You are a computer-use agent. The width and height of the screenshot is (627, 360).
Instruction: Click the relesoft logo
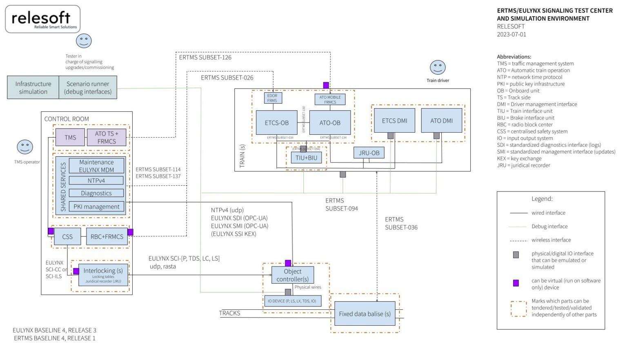[x=42, y=19]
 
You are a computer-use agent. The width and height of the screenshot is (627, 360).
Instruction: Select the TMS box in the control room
[x=70, y=138]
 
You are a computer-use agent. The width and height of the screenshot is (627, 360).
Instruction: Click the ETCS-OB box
[x=276, y=122]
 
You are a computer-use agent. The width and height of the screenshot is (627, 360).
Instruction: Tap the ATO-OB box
[x=330, y=122]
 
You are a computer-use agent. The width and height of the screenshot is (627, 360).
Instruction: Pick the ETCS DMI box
[x=394, y=120]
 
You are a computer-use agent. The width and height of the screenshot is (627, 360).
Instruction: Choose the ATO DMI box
[x=441, y=120]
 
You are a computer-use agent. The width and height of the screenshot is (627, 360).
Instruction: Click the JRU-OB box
[x=369, y=153]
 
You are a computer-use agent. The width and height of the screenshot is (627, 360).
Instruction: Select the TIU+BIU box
[x=306, y=158]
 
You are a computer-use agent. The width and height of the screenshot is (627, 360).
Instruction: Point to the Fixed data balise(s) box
[x=365, y=313]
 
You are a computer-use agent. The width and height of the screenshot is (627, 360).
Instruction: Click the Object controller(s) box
[x=293, y=275]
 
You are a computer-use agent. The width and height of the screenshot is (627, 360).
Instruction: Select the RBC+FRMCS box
[x=107, y=236]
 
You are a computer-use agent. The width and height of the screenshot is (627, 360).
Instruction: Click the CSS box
[x=67, y=236]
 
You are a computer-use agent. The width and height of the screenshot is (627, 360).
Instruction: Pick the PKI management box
[x=96, y=207]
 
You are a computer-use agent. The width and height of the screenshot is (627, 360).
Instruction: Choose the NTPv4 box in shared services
[x=96, y=180]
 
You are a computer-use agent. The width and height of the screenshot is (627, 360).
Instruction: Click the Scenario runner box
[x=88, y=87]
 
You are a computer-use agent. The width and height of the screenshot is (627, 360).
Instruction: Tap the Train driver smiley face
[x=438, y=67]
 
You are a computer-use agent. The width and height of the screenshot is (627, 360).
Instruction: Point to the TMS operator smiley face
[x=25, y=147]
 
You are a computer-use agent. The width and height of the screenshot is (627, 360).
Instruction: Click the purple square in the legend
[x=516, y=283]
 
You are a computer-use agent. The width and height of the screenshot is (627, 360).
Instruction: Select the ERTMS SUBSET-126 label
[x=205, y=57]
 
